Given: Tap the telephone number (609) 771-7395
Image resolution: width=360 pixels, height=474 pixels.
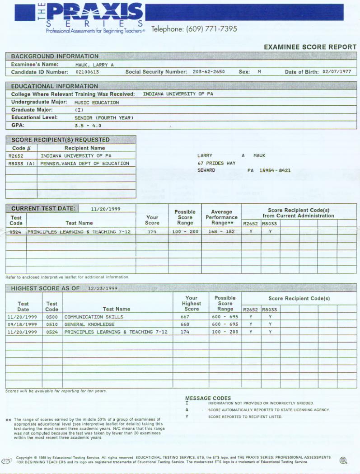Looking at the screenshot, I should click(x=194, y=29).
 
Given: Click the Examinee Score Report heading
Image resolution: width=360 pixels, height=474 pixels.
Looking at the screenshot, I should click(x=310, y=47).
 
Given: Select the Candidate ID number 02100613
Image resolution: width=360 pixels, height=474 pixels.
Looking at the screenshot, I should click(x=87, y=72).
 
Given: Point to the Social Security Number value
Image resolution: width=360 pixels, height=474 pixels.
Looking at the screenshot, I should click(x=208, y=72).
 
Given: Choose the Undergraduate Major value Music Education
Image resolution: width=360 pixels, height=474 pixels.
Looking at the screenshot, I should click(x=97, y=103).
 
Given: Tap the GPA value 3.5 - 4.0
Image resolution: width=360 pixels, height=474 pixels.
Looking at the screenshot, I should click(x=88, y=126).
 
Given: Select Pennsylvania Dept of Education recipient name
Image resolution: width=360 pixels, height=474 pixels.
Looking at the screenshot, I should click(x=84, y=164).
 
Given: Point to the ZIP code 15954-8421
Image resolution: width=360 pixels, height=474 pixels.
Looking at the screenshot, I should click(x=275, y=171).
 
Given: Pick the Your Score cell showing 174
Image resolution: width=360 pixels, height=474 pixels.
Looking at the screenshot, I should click(x=152, y=231).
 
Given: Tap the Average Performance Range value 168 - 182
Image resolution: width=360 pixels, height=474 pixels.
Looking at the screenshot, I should click(x=221, y=231).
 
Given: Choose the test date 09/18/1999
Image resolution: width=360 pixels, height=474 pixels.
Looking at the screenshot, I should click(x=23, y=324).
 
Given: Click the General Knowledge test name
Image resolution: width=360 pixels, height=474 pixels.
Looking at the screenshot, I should click(x=89, y=324).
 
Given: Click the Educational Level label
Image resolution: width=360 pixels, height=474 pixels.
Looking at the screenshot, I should click(x=35, y=117).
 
